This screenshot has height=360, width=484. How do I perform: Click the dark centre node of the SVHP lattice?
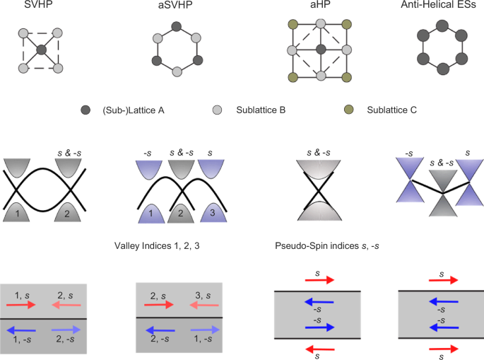(41, 50)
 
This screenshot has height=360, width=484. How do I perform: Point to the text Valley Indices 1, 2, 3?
(161, 246)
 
